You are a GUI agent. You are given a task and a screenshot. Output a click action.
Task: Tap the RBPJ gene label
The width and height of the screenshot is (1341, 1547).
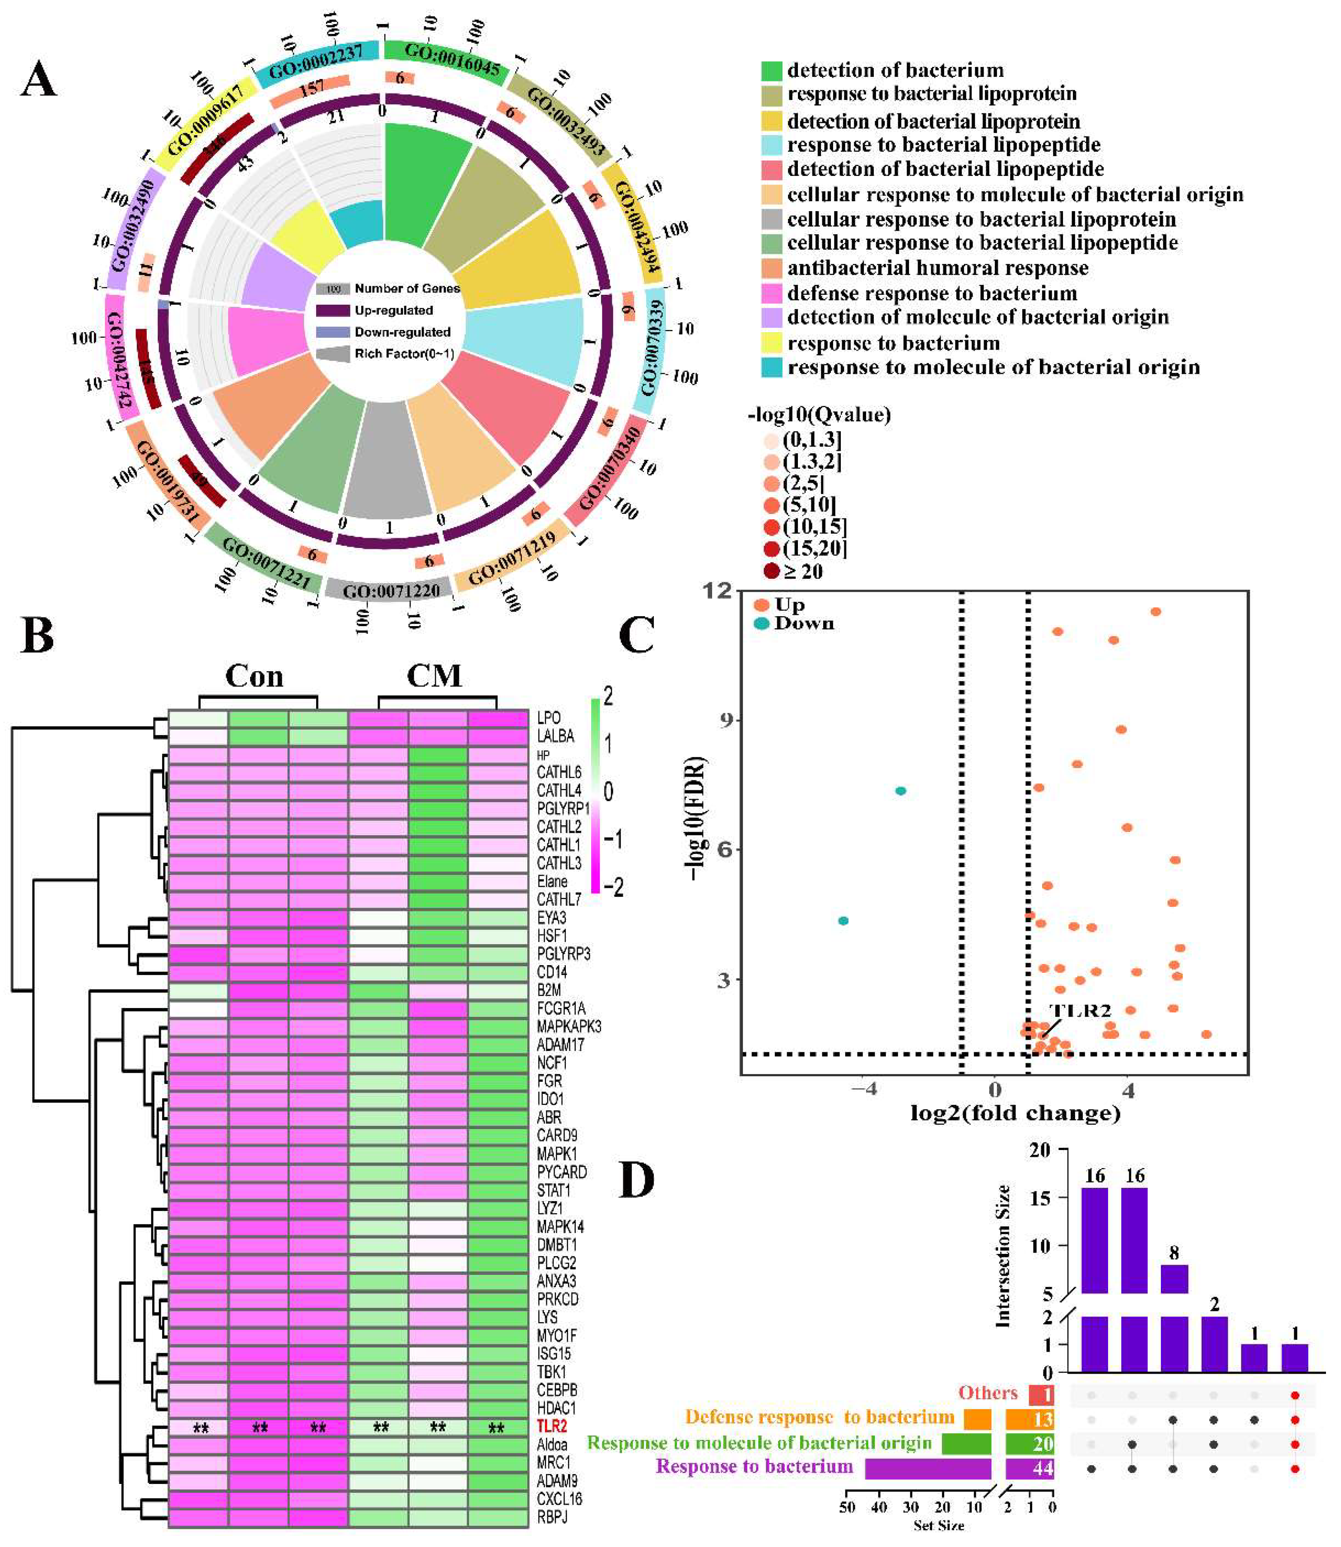(552, 1517)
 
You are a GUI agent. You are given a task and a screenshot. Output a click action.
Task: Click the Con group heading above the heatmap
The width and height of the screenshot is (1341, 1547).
(254, 676)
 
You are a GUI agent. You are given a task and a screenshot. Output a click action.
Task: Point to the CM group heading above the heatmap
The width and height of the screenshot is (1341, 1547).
(434, 676)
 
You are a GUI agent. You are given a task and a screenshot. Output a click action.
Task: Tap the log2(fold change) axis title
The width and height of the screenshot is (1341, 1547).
(1015, 1113)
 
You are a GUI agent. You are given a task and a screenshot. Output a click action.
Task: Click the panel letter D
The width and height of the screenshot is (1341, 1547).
(637, 1179)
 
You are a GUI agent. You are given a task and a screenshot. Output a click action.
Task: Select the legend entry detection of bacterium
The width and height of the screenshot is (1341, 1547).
(895, 70)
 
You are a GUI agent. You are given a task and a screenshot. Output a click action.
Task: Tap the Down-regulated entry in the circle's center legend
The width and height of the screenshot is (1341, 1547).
(402, 332)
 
